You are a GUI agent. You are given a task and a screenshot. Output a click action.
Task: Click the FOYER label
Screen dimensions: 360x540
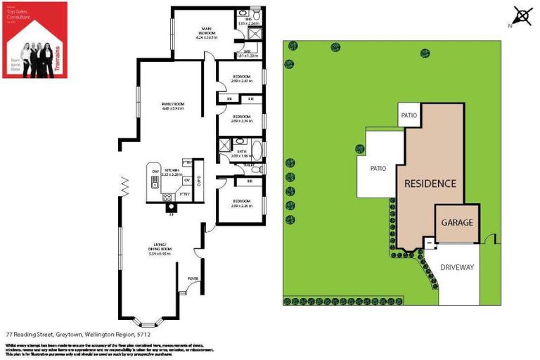click(x=193, y=279)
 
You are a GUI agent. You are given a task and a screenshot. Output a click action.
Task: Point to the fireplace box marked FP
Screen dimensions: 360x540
click(x=169, y=207)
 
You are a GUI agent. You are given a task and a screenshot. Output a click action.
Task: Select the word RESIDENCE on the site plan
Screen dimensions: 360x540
click(x=430, y=184)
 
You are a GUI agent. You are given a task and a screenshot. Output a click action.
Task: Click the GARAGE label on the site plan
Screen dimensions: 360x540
click(x=457, y=222)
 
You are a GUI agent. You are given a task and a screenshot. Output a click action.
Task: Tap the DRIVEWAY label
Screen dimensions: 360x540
click(x=458, y=268)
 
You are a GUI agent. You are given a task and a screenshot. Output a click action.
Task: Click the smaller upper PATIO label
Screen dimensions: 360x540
click(x=409, y=115)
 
